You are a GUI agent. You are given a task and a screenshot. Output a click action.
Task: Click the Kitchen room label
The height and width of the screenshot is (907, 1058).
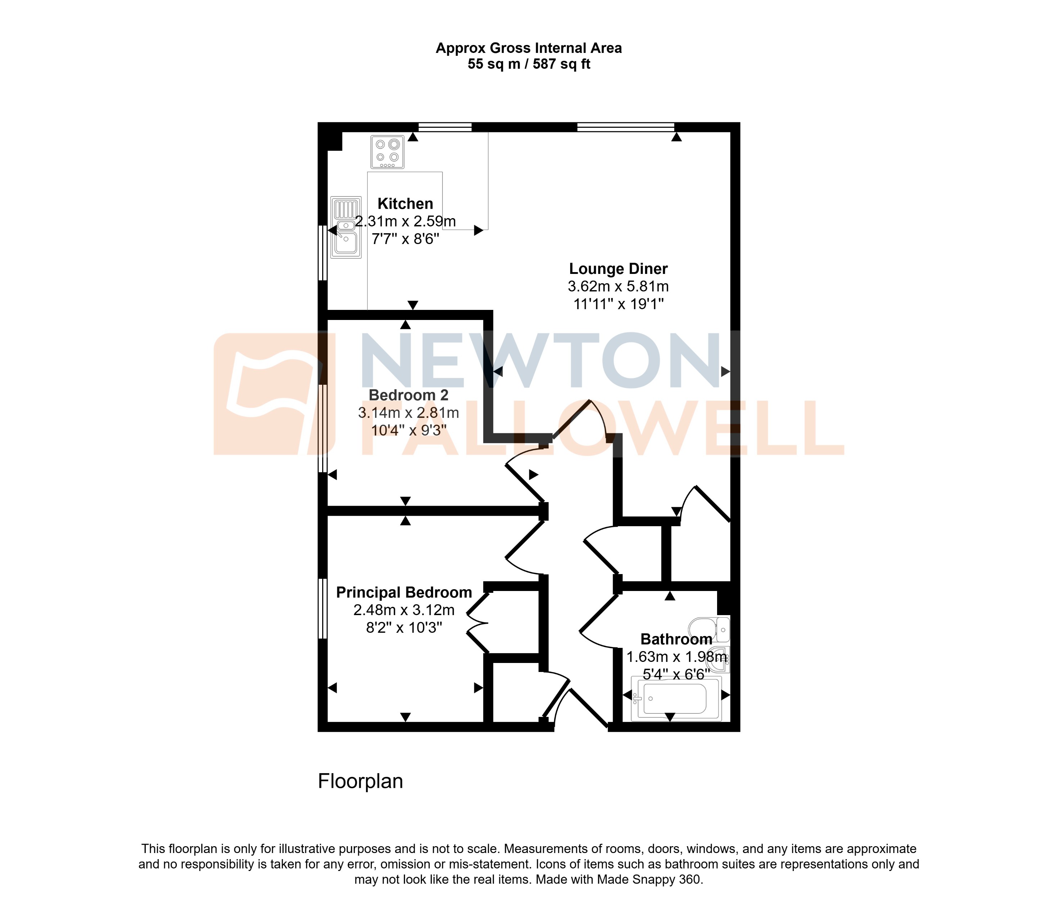click(405, 204)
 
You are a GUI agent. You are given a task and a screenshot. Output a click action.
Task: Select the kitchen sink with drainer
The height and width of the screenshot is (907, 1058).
click(346, 227)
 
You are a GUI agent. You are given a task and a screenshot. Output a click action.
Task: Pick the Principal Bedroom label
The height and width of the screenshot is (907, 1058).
click(404, 592)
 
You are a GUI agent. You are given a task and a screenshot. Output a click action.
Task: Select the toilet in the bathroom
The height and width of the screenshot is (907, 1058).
click(710, 629)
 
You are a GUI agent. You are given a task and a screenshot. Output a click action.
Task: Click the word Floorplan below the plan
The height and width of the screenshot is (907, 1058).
click(360, 781)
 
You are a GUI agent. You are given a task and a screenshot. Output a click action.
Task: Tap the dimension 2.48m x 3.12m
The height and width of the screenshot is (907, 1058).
click(404, 610)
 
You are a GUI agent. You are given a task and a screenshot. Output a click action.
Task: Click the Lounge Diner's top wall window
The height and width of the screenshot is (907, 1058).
click(626, 127)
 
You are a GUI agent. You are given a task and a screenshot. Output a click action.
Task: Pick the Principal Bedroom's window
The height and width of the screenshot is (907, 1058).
click(322, 608)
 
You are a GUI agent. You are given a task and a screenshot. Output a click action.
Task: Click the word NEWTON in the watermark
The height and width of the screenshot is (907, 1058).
click(541, 361)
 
